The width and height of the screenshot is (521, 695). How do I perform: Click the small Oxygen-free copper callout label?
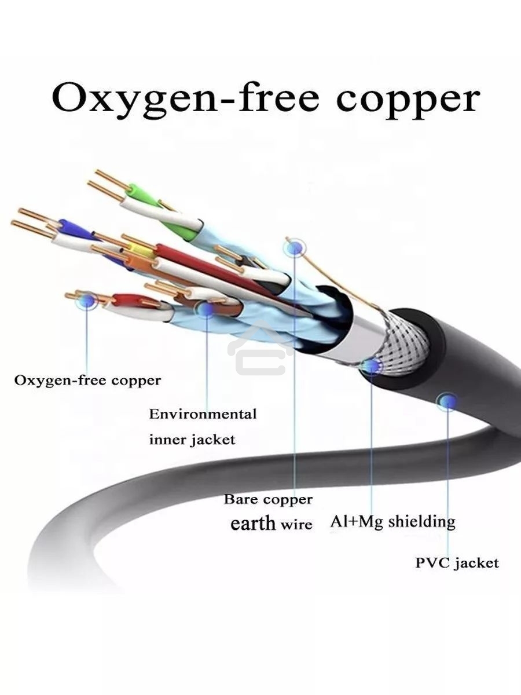click(x=87, y=381)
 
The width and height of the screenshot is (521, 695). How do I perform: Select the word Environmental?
click(x=203, y=414)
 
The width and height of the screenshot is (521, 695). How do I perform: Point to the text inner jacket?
click(x=192, y=440)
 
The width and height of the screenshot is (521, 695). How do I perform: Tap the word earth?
click(x=253, y=524)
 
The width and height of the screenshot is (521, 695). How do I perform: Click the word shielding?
click(x=421, y=521)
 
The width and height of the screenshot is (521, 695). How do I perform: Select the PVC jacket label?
click(x=457, y=562)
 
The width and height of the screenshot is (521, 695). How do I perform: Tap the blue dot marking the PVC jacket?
click(x=447, y=400)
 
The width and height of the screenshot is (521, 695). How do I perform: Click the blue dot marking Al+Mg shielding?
click(x=370, y=366)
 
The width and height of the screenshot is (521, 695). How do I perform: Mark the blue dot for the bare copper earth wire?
click(x=295, y=248)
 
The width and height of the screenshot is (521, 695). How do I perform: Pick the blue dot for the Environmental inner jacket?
click(x=206, y=308)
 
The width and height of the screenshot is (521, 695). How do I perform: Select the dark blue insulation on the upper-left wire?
click(x=74, y=229)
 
